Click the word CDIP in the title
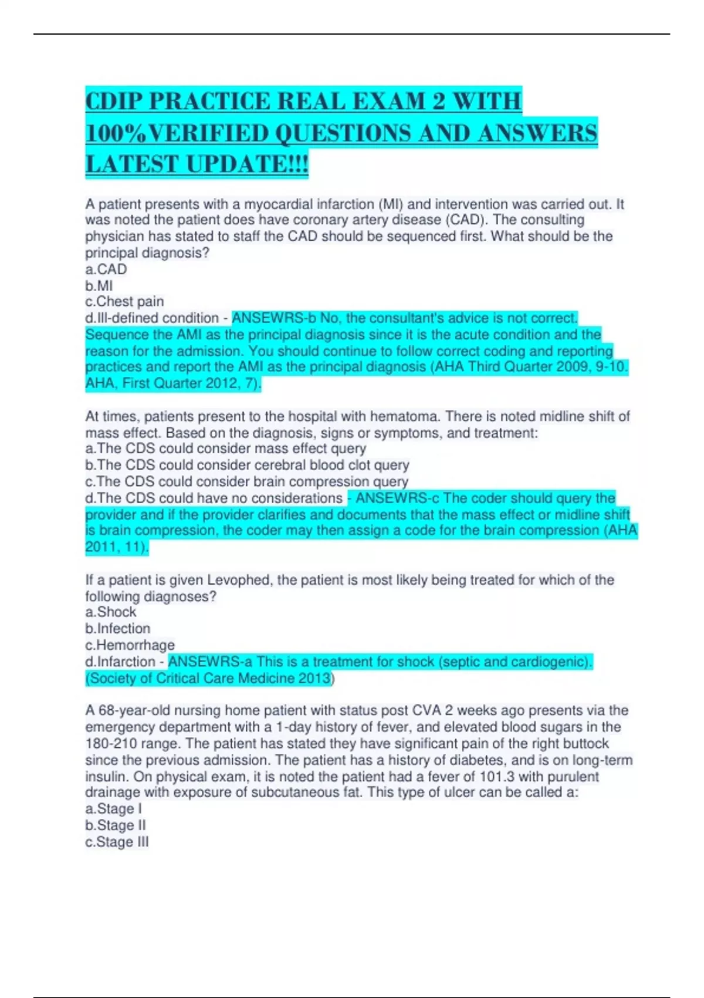click(x=113, y=101)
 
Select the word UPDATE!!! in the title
click(x=248, y=164)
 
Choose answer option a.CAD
click(x=106, y=269)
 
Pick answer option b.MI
click(x=99, y=286)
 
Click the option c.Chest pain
click(x=124, y=302)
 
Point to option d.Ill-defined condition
click(x=152, y=318)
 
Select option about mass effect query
click(x=226, y=449)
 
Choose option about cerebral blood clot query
click(x=247, y=465)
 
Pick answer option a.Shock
click(x=111, y=612)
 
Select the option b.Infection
click(x=118, y=629)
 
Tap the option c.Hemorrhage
click(x=130, y=645)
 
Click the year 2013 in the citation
click(x=317, y=679)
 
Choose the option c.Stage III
click(x=117, y=842)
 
